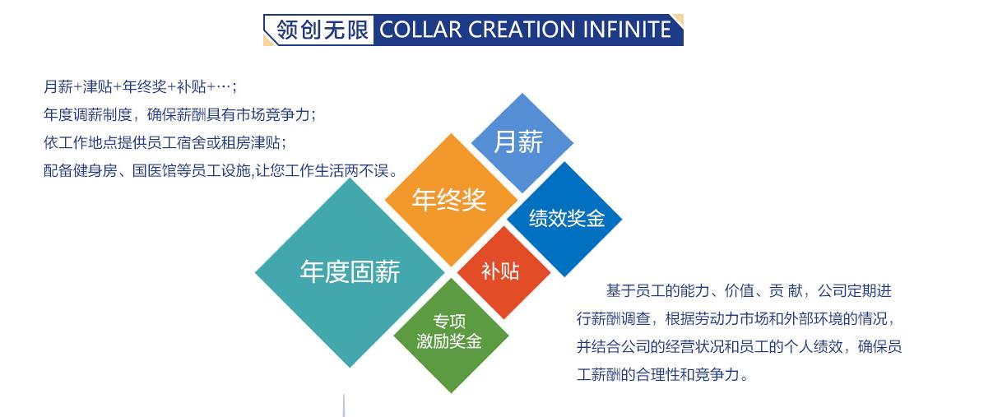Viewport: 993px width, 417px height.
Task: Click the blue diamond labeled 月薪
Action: (x=522, y=143)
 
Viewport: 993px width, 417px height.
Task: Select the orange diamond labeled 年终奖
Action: (x=451, y=200)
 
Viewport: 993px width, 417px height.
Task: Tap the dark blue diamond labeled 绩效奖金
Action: (x=564, y=219)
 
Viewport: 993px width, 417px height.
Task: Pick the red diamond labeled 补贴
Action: (x=503, y=272)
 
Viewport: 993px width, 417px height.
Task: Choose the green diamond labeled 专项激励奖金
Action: (x=451, y=336)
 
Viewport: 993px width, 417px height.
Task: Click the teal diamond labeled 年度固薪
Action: (x=350, y=272)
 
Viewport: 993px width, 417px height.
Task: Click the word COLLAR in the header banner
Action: (x=421, y=30)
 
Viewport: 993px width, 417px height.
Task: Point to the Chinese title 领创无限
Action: (x=322, y=30)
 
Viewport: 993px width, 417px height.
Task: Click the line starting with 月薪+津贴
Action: (x=140, y=87)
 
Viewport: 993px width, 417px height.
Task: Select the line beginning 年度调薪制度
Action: (x=179, y=115)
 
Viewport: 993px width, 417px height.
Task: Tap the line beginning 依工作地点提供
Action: (x=165, y=142)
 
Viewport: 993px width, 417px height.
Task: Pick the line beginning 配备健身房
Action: (x=220, y=170)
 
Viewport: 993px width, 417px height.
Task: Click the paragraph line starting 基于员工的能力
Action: (x=749, y=291)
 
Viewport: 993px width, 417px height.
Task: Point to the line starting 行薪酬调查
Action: (x=736, y=319)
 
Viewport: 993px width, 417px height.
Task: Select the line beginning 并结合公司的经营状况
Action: (x=739, y=347)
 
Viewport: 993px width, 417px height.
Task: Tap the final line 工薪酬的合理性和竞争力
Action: (x=662, y=375)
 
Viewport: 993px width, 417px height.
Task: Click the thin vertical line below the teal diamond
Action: (x=344, y=405)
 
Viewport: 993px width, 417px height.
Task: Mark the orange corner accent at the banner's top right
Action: (x=680, y=19)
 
